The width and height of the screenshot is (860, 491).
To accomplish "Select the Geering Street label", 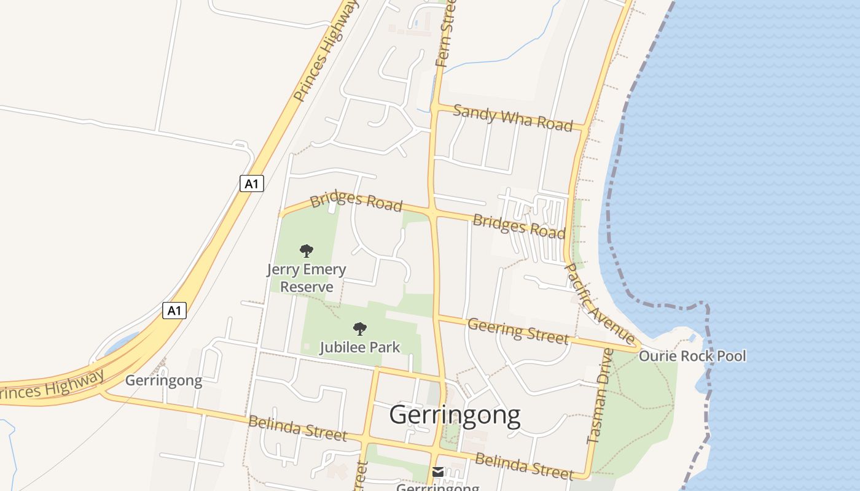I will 517,331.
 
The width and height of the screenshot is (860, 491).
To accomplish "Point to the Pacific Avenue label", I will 599,303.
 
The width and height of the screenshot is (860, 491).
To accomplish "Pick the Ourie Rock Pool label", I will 692,356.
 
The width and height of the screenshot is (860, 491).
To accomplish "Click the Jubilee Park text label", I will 359,347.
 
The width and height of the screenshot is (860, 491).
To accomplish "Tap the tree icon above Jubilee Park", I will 360,329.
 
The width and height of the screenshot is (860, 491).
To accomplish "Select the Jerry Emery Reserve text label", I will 306,278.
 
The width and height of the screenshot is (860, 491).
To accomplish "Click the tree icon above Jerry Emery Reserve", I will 306,250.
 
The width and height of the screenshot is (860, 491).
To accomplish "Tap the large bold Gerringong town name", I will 455,415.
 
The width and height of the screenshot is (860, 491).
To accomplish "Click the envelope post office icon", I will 437,471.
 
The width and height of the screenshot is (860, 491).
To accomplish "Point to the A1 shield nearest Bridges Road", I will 251,184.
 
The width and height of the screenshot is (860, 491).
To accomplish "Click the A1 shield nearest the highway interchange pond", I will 174,311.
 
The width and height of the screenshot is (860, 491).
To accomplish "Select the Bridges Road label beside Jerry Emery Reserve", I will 356,201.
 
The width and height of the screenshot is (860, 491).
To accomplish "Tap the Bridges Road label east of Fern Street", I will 518,226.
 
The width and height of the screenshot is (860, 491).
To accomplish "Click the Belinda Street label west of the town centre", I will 297,428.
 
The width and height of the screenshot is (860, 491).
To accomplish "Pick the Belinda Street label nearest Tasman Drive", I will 523,465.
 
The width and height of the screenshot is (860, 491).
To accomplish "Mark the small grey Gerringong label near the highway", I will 163,381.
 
